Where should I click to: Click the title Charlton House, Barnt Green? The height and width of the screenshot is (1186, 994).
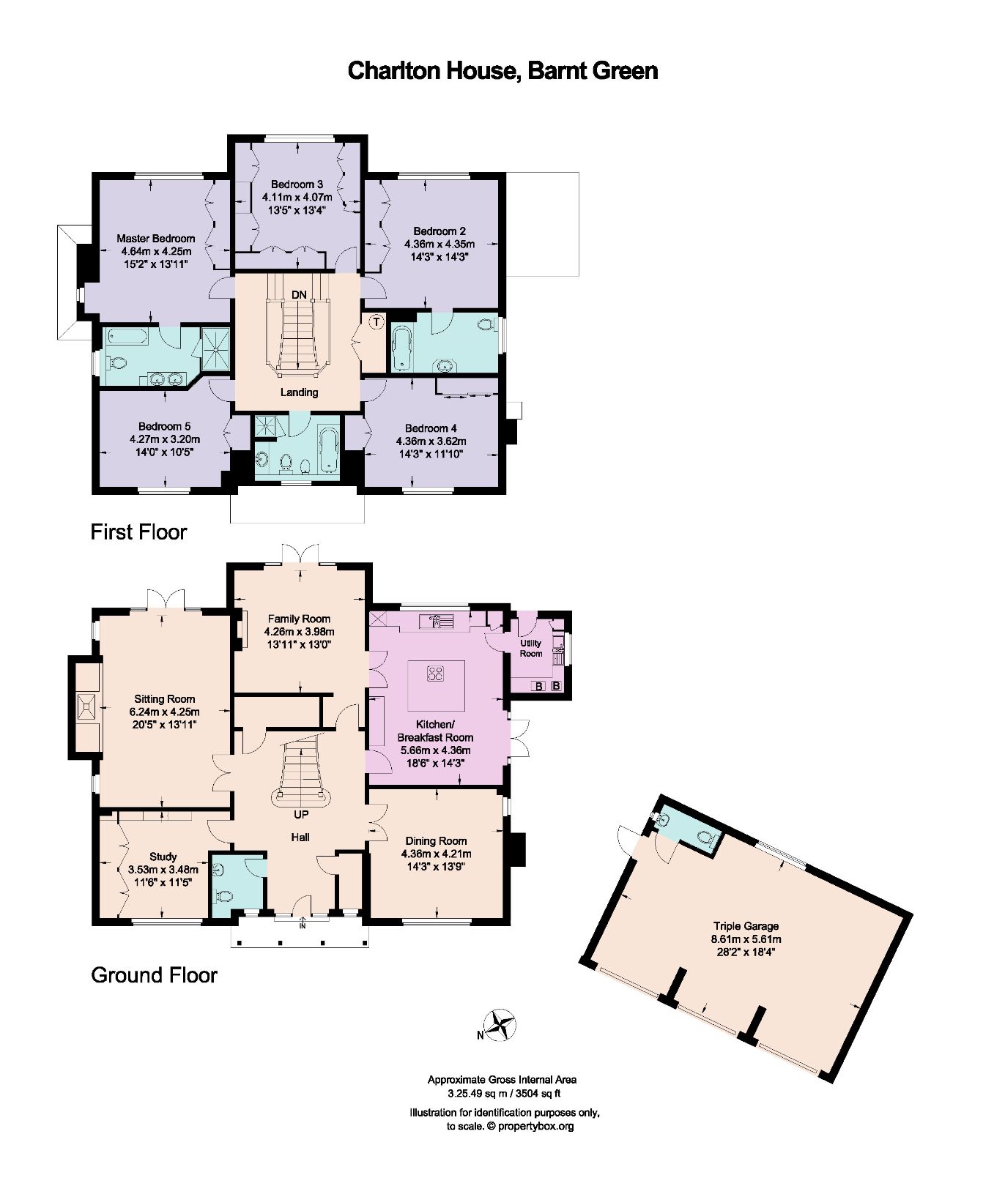pyautogui.click(x=502, y=70)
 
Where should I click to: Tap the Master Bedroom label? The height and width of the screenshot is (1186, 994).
pyautogui.click(x=156, y=238)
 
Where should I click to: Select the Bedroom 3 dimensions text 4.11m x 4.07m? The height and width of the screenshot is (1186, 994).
pyautogui.click(x=297, y=197)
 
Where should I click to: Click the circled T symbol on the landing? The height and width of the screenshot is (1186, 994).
pyautogui.click(x=377, y=321)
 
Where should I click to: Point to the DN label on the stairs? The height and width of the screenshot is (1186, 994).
pyautogui.click(x=299, y=294)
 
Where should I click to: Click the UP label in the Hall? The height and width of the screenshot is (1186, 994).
pyautogui.click(x=301, y=814)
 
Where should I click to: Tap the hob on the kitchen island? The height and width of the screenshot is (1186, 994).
pyautogui.click(x=436, y=673)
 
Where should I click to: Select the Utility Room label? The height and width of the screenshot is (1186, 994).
pyautogui.click(x=531, y=648)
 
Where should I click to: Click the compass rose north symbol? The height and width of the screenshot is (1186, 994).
pyautogui.click(x=502, y=1025)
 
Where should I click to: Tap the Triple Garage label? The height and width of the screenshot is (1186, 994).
pyautogui.click(x=746, y=925)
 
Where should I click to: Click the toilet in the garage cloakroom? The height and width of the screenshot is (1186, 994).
pyautogui.click(x=705, y=838)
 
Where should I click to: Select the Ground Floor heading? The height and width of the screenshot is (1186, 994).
pyautogui.click(x=154, y=975)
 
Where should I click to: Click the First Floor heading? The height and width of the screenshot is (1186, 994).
pyautogui.click(x=138, y=532)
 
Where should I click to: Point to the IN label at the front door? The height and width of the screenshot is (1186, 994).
pyautogui.click(x=303, y=926)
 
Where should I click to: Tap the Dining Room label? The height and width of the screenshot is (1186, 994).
pyautogui.click(x=436, y=840)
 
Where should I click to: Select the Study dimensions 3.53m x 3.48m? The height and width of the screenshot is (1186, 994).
pyautogui.click(x=163, y=870)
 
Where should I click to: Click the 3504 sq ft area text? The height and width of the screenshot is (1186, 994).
pyautogui.click(x=538, y=1094)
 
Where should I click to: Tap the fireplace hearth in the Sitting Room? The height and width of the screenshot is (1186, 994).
pyautogui.click(x=86, y=706)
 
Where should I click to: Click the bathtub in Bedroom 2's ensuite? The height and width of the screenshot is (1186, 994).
pyautogui.click(x=401, y=349)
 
